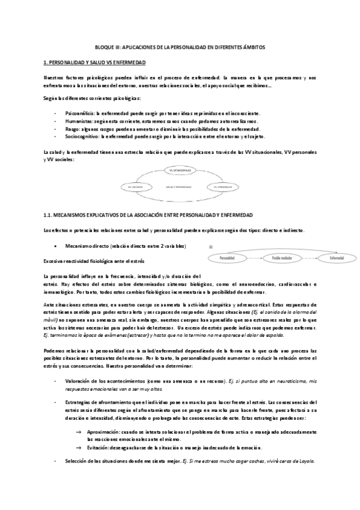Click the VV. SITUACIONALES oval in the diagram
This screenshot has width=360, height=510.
180,171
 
